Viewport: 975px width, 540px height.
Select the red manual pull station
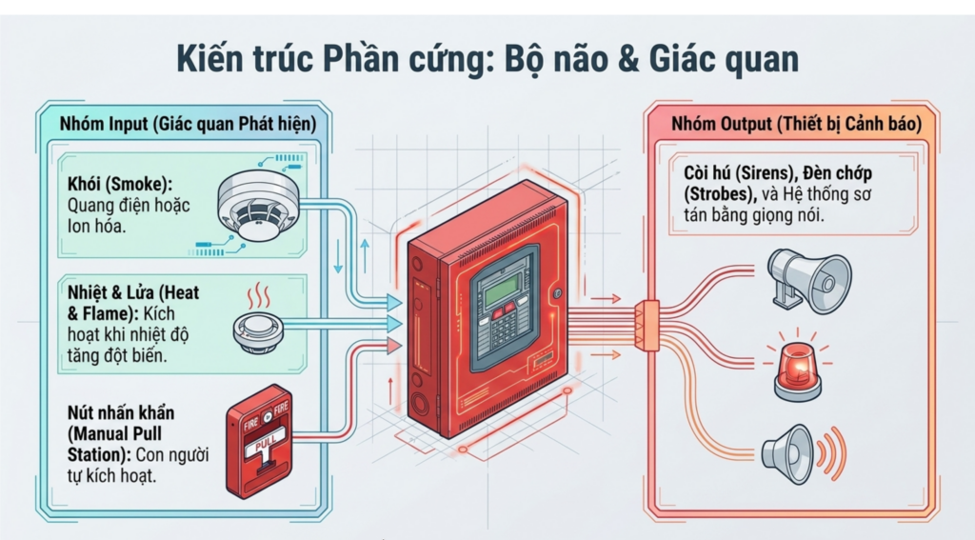258,441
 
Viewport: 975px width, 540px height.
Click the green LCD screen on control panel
503,285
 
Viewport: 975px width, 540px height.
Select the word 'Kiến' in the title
211,60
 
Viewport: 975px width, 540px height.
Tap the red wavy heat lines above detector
258,292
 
